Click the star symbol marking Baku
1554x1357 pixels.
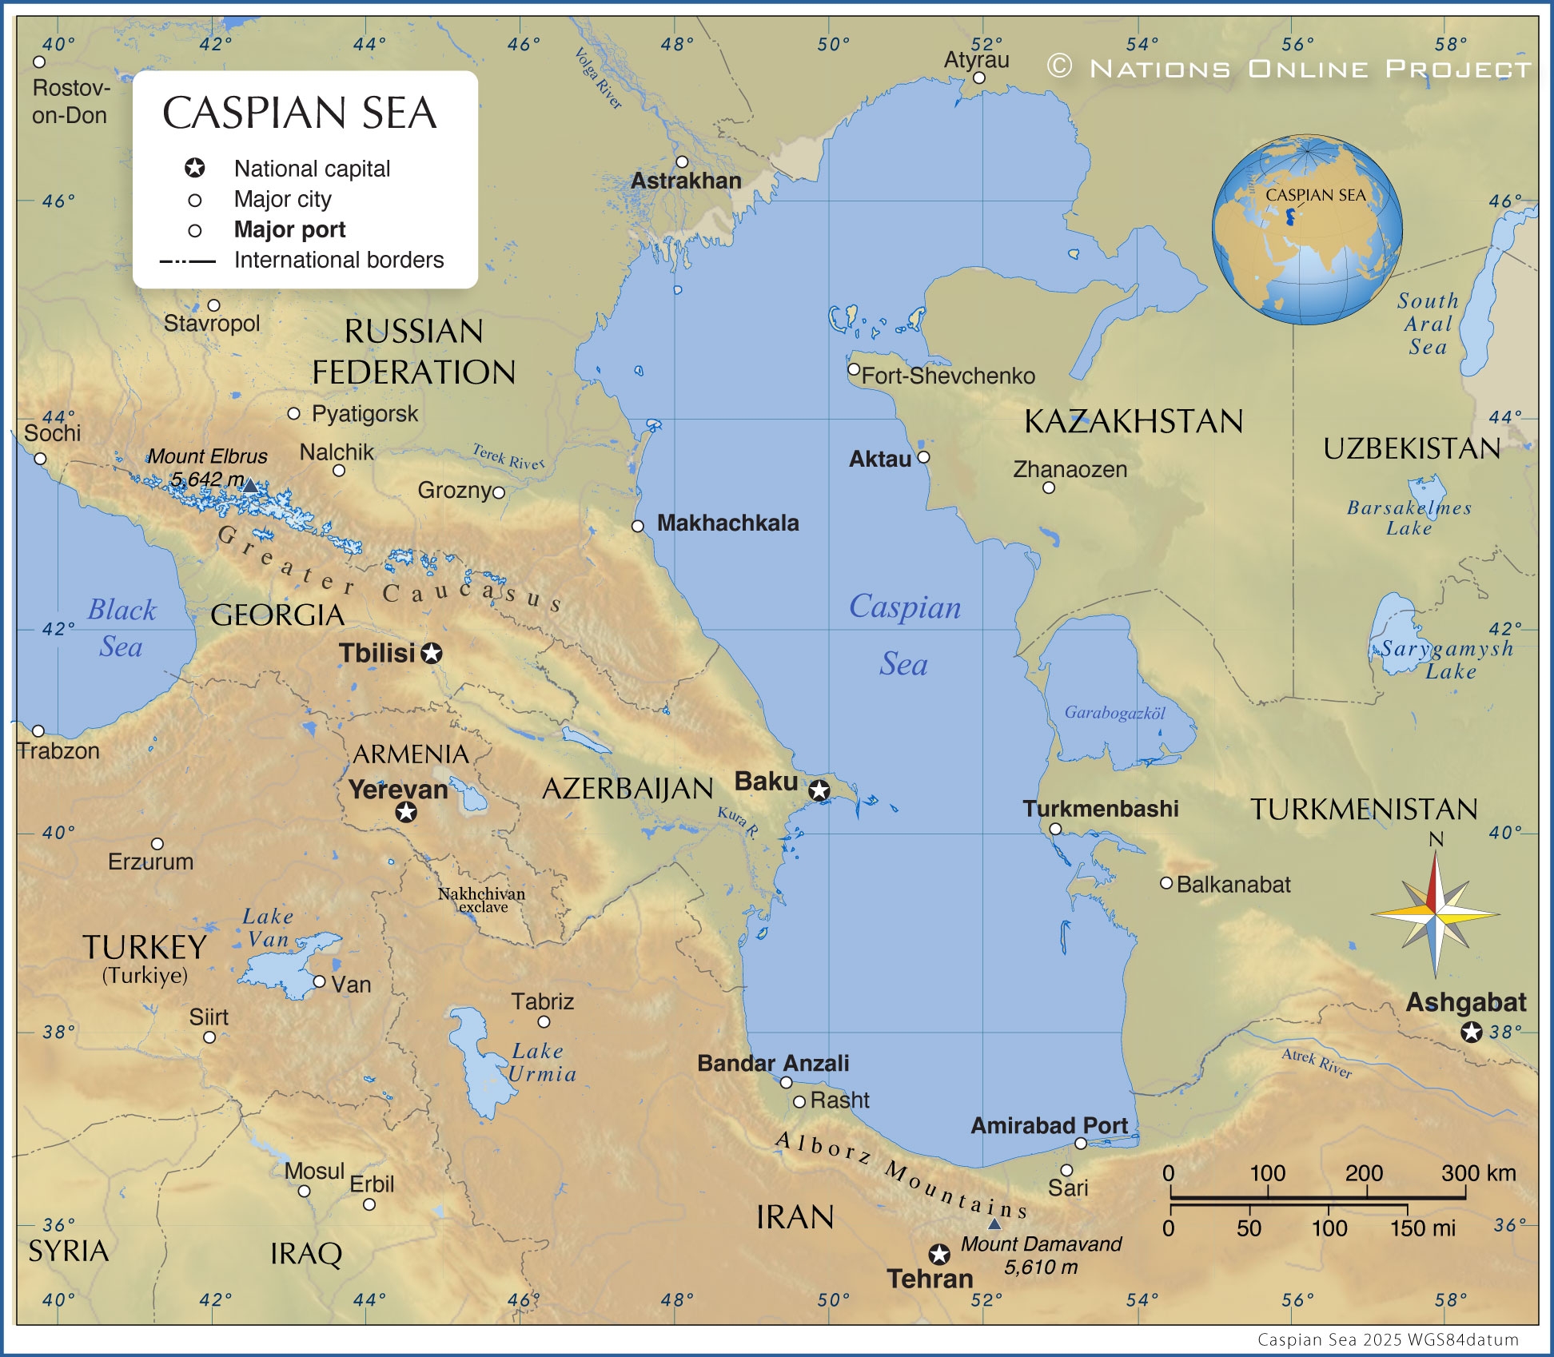[x=819, y=790]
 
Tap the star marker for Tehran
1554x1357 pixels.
[x=939, y=1253]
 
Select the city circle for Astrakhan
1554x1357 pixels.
[x=682, y=162]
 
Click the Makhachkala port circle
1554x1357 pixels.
[x=638, y=526]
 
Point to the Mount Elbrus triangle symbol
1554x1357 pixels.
[x=250, y=485]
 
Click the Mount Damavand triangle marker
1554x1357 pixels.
[x=994, y=1224]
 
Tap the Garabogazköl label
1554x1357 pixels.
[x=1114, y=713]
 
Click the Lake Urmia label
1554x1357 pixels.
[x=542, y=1062]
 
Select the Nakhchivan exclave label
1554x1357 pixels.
[x=482, y=900]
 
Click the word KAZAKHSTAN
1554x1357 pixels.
[x=1133, y=421]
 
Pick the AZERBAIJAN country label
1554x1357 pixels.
[x=628, y=789]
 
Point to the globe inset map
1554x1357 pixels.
[x=1307, y=229]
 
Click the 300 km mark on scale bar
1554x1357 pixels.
[x=1465, y=1196]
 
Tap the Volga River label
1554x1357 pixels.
[x=598, y=78]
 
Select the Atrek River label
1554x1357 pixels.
[x=1317, y=1063]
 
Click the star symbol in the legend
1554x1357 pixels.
[x=195, y=169]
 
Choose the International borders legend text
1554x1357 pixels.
[x=338, y=260]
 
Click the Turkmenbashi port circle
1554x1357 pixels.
[x=1055, y=829]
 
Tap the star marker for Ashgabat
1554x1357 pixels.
[x=1471, y=1032]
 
